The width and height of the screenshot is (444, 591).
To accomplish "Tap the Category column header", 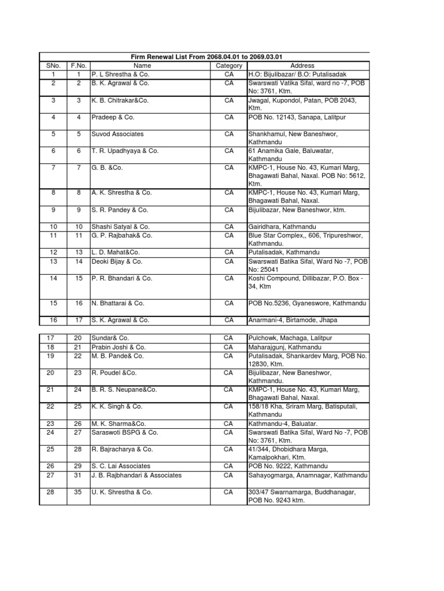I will click(x=229, y=66).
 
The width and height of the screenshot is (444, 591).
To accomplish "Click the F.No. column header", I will click(x=78, y=66).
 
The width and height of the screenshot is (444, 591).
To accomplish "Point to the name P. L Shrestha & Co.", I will click(x=119, y=74).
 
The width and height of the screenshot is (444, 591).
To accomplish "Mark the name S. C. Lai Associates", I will click(x=120, y=466).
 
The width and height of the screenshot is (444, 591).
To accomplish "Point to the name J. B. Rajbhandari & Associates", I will click(x=136, y=475).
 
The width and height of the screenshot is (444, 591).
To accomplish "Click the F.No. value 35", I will click(x=78, y=492).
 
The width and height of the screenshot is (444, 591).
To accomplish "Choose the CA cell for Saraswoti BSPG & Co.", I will click(x=228, y=432).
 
